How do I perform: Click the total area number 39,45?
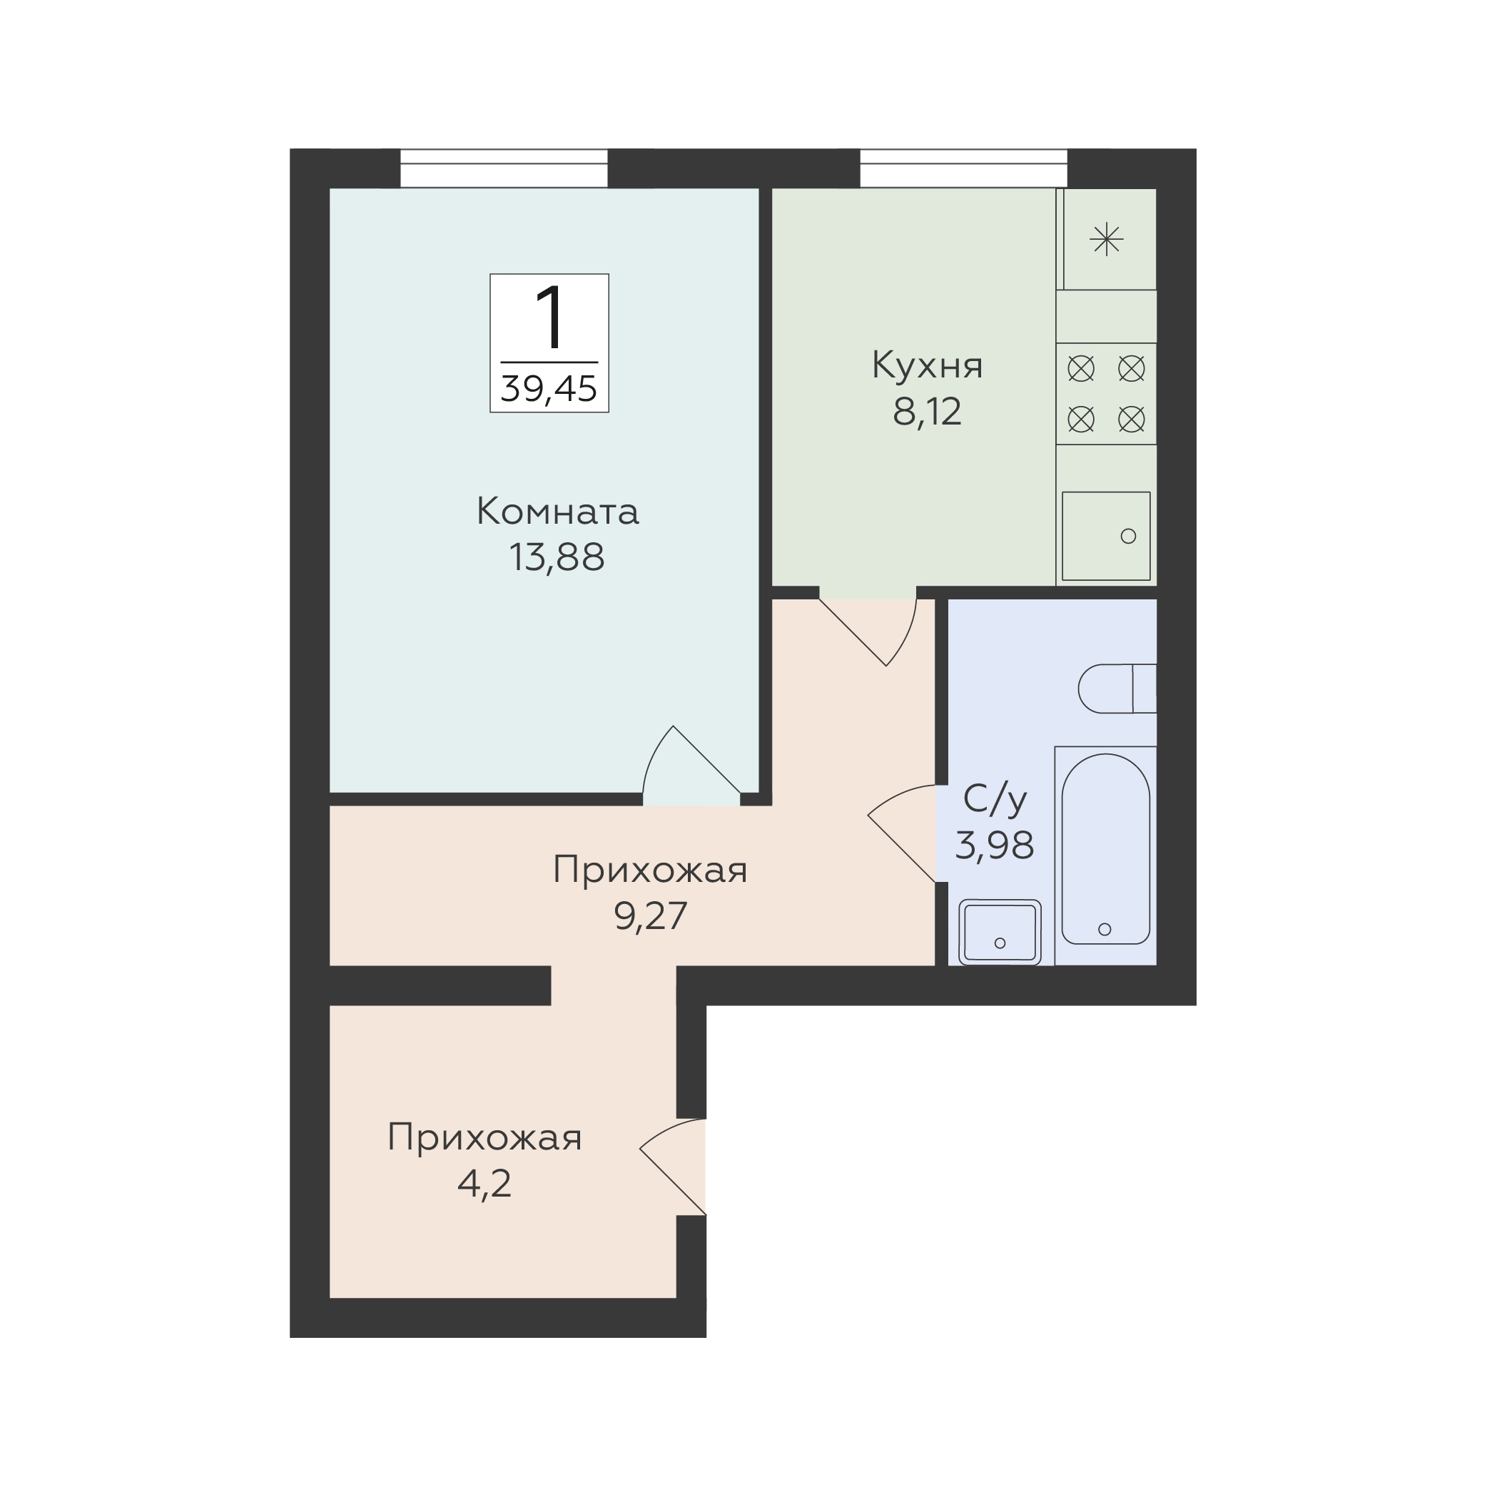pos(549,389)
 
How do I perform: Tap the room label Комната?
pos(558,512)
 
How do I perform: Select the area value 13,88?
pos(557,557)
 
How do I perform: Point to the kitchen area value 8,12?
pos(928,412)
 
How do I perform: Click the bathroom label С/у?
pos(995,801)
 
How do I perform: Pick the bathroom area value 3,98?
pos(995,846)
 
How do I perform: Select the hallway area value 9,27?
pos(650,916)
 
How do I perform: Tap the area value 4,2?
pos(485,1184)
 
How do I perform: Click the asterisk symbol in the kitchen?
pos(1107,239)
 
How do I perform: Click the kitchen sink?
pos(1106,537)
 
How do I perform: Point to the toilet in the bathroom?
pos(1117,689)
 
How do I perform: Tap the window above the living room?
pos(504,168)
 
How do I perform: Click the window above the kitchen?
pos(964,168)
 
